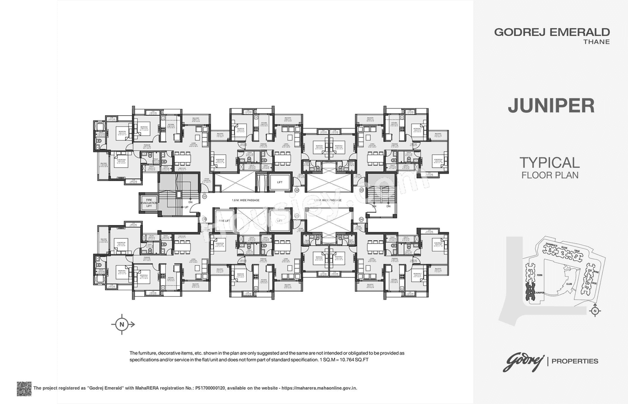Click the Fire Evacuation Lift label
click(x=148, y=202)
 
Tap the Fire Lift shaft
click(x=222, y=221)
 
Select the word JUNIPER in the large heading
click(x=550, y=106)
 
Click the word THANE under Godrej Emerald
click(x=597, y=42)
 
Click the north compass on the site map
click(x=595, y=310)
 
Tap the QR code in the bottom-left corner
click(x=24, y=388)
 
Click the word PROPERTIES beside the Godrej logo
click(x=575, y=361)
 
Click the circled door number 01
click(x=205, y=197)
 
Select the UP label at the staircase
click(x=186, y=208)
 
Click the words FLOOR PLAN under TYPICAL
click(x=549, y=175)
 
